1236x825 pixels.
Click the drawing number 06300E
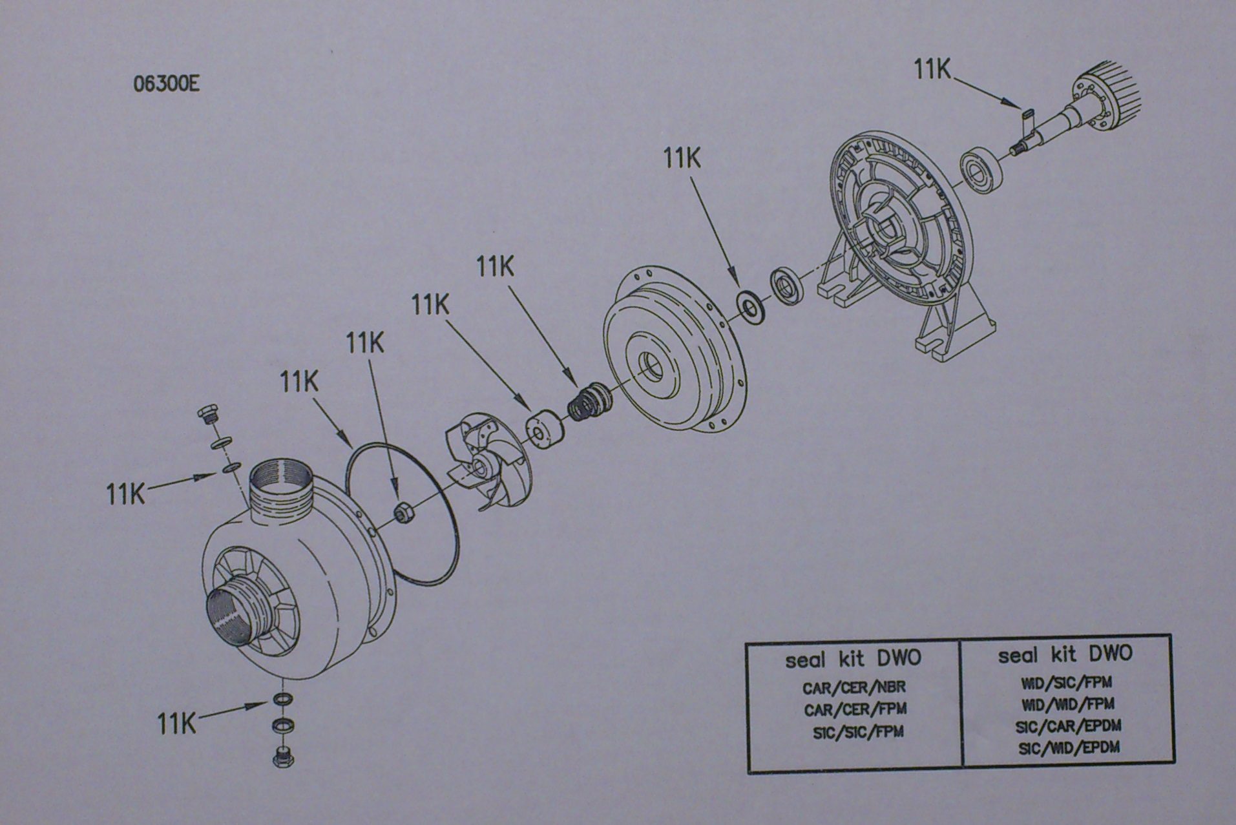pos(166,85)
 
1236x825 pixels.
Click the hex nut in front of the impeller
pos(403,513)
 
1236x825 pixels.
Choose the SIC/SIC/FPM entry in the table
pos(858,733)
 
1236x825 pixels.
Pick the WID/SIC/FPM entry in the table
pos(1066,682)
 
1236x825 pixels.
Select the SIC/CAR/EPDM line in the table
pos(1068,726)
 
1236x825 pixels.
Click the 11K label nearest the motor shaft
pos(932,69)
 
